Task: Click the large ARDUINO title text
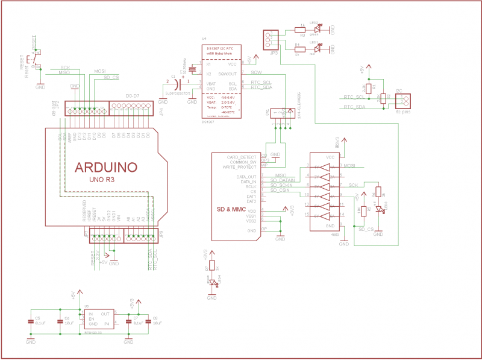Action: click(106, 166)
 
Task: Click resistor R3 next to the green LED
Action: click(299, 29)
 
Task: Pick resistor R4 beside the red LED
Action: click(299, 48)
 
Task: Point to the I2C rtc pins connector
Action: click(402, 99)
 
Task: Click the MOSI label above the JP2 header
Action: click(99, 72)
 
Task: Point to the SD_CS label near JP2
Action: click(111, 77)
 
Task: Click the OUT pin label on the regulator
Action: click(105, 314)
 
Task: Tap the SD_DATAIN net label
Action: click(282, 180)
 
